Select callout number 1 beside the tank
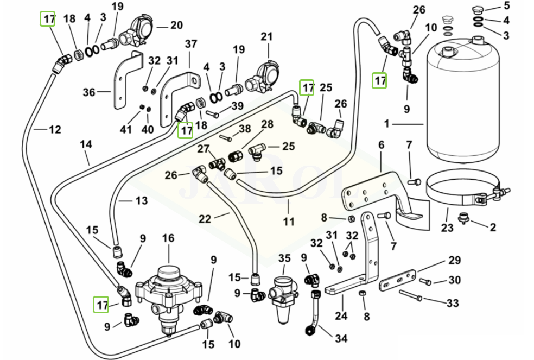[387, 124]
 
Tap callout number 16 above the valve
[168, 238]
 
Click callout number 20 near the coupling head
[176, 26]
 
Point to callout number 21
[266, 37]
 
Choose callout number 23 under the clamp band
[447, 228]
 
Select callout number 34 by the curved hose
[340, 339]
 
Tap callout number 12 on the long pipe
[55, 130]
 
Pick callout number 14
[86, 144]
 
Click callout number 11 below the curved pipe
[289, 221]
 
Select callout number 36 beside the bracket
[89, 92]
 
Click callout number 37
[190, 43]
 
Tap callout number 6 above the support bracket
[381, 145]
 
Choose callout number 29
[454, 260]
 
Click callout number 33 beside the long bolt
[452, 302]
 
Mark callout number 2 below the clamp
[493, 227]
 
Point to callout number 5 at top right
[507, 7]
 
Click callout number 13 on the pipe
[141, 201]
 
